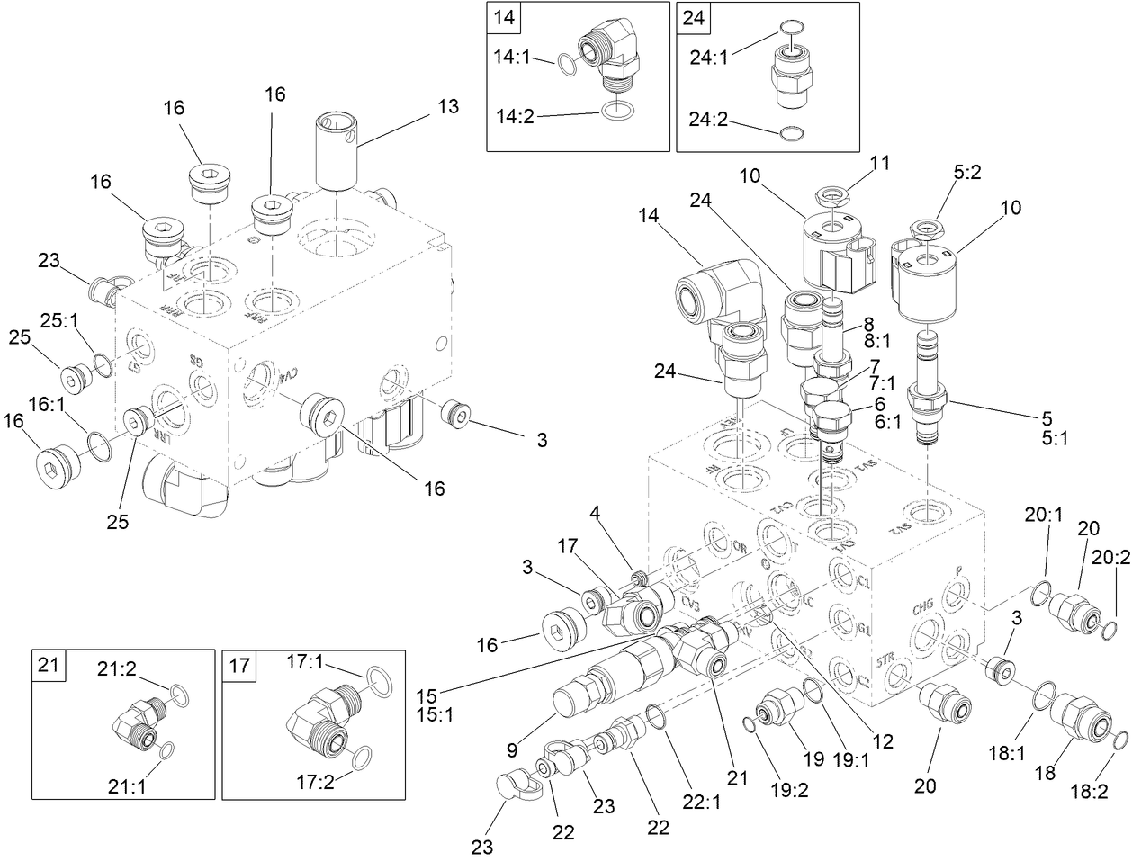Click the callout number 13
coord(448,107)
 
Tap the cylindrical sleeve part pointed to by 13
coord(337,151)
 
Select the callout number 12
coord(882,742)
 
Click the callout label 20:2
coord(1112,557)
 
